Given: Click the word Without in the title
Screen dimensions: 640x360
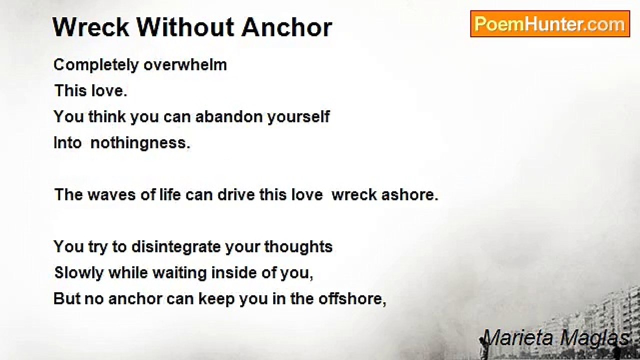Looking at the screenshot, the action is (x=186, y=27).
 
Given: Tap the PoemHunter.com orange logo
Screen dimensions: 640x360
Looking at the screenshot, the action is (x=550, y=23).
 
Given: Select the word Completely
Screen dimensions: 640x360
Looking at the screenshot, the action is (x=96, y=65).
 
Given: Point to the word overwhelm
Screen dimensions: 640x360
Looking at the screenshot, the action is (x=185, y=64).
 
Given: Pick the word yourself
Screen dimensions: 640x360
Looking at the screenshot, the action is (x=298, y=117).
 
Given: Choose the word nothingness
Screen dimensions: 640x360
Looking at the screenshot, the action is (x=140, y=143).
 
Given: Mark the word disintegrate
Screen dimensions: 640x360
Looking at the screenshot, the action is (x=176, y=247).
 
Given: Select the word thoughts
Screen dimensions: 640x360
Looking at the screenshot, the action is (x=298, y=247).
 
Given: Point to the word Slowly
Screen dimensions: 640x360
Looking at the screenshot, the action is (x=79, y=273).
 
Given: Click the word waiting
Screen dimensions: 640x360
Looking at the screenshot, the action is (x=179, y=273).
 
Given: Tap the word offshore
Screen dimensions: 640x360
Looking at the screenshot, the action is (x=352, y=299).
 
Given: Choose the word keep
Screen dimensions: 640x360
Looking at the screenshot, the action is (x=216, y=299).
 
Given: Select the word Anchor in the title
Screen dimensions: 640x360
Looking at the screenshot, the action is (x=286, y=27).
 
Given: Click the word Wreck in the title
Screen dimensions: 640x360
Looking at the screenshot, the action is (x=91, y=27).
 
